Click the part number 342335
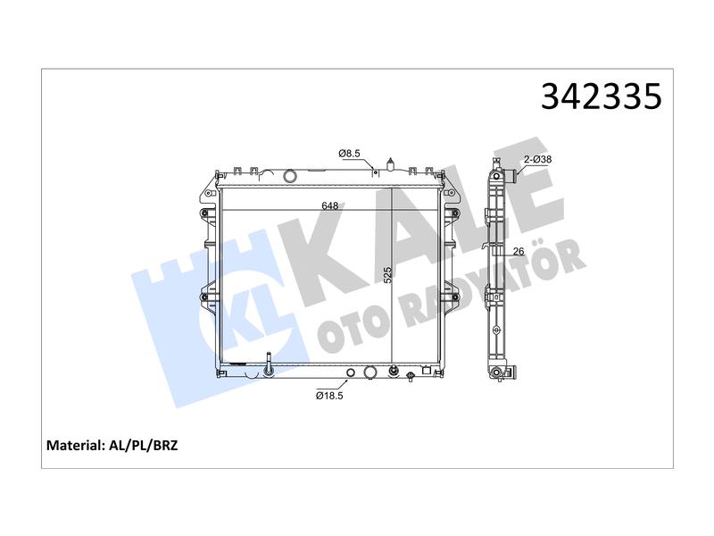click(601, 97)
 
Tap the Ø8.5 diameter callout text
click(349, 154)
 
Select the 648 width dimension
click(329, 206)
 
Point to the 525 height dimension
click(387, 275)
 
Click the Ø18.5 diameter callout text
click(329, 396)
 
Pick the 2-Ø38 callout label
click(537, 160)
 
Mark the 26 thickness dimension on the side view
click(519, 251)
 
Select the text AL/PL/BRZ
click(144, 445)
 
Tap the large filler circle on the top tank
click(289, 176)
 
